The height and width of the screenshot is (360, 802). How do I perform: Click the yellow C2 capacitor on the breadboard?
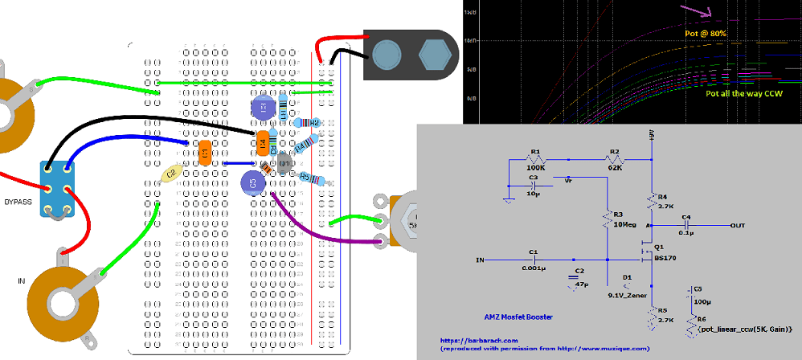click(x=170, y=172)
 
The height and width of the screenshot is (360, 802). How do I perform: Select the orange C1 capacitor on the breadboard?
click(x=205, y=152)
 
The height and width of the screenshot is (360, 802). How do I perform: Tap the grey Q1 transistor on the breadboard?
click(x=284, y=165)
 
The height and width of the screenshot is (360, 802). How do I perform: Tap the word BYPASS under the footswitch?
click(x=18, y=202)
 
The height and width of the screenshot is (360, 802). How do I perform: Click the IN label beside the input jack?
click(x=21, y=280)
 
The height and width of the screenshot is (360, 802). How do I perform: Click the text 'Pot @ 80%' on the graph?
click(x=707, y=34)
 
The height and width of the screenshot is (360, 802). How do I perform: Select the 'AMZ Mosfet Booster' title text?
click(x=518, y=316)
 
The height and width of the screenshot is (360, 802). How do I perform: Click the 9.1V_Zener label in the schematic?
click(x=626, y=294)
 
